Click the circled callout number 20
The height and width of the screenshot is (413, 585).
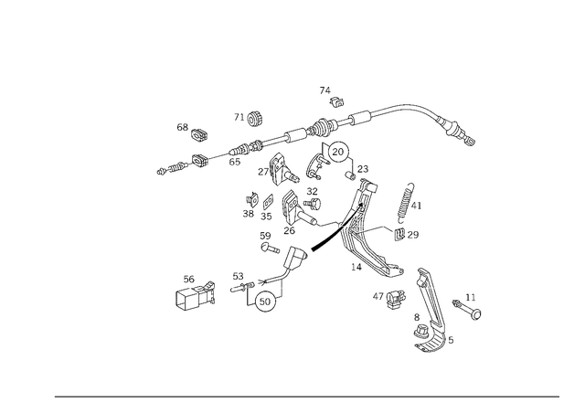(337, 152)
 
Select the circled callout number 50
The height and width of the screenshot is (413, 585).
(265, 302)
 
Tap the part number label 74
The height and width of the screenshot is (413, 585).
(325, 90)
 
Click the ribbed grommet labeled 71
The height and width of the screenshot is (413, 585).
(255, 119)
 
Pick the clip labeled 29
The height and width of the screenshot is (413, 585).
(399, 234)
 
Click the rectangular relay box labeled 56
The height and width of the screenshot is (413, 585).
(195, 296)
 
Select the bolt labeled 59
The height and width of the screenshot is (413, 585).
(270, 248)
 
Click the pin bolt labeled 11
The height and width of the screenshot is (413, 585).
(467, 309)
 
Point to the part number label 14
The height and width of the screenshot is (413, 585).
(356, 267)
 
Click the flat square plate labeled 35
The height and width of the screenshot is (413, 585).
(268, 203)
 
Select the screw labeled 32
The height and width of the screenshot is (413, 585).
(313, 204)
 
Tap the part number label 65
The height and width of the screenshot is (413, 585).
(235, 162)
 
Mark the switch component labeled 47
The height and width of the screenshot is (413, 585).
(396, 300)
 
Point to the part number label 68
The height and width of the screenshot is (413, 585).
(183, 128)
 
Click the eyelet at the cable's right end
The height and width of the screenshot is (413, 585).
(471, 141)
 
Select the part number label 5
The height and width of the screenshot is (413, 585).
(451, 340)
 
